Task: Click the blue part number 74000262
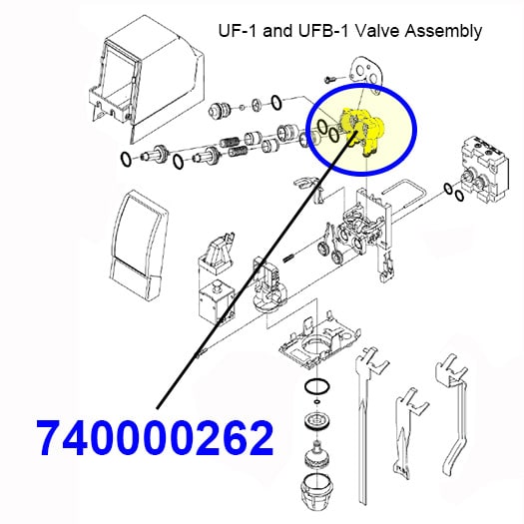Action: pos(157,438)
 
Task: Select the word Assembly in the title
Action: pos(443,32)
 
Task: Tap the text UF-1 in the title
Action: pos(239,31)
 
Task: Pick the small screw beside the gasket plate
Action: pos(330,80)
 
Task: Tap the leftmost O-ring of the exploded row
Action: pos(126,159)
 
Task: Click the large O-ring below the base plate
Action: pos(317,387)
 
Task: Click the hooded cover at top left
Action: pos(146,79)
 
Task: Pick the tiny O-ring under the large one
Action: pos(317,401)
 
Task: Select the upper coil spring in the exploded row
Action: pos(230,142)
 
